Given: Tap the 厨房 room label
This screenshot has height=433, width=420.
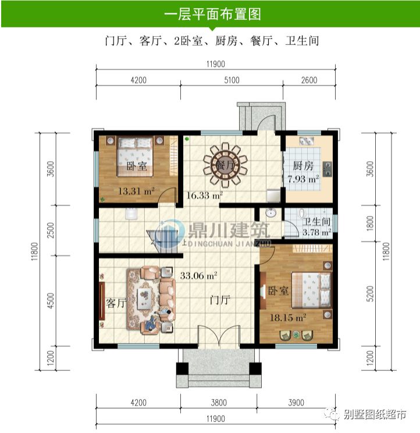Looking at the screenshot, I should click(302, 165).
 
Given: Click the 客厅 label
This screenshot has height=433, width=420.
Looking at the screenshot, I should click(117, 303).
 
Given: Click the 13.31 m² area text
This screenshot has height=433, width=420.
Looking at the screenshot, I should click(136, 190).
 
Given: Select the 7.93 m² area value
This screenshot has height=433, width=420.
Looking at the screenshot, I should click(303, 179).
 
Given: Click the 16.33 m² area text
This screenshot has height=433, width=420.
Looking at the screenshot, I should click(204, 196).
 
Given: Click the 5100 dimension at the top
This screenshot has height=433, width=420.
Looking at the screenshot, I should click(232, 80).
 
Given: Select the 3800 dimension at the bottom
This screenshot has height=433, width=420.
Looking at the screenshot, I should click(219, 402).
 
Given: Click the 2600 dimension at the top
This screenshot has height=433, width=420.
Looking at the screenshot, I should click(309, 80).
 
